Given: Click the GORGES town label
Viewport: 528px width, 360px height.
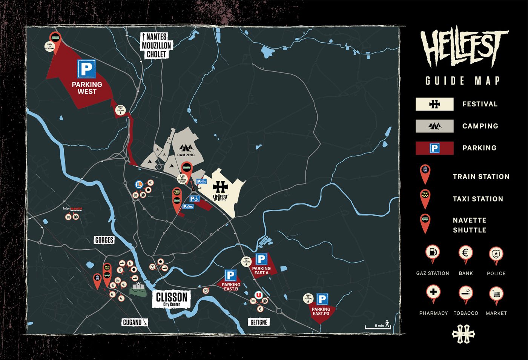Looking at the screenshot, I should (104, 240).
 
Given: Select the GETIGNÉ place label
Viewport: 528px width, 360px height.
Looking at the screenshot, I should (259, 322).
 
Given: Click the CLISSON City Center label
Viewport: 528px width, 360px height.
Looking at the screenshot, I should (172, 299).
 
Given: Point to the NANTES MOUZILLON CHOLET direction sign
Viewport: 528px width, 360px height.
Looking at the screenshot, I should (156, 45).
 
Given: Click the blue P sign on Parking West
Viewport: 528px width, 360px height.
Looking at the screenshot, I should (86, 69).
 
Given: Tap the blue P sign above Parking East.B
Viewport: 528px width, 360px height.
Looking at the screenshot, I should (231, 275).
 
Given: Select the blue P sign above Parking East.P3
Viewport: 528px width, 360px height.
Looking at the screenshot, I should (322, 300).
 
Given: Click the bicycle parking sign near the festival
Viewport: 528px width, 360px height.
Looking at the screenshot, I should (201, 182).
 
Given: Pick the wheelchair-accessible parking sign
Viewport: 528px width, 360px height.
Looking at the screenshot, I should (195, 198).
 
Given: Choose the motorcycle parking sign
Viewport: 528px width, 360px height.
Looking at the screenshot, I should (188, 206).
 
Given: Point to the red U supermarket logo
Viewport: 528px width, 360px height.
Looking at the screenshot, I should (258, 295).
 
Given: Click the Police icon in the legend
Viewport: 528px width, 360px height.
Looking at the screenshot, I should (496, 254).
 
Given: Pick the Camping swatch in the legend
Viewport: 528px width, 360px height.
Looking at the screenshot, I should (434, 126).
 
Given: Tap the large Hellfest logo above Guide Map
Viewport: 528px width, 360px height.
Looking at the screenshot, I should (464, 47).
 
